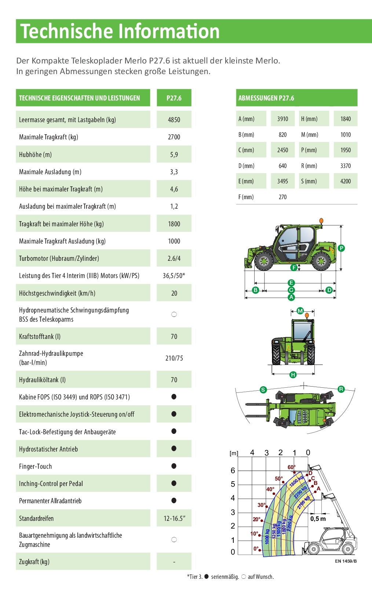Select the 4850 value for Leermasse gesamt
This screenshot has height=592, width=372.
pos(174,120)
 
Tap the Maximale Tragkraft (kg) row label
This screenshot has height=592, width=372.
pos(48,137)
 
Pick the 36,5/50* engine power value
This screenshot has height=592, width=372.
pos(174,276)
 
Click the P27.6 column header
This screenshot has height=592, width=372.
pos(174,98)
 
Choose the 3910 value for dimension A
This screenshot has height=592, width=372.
pos(282,119)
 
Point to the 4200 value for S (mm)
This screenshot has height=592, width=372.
pos(346,181)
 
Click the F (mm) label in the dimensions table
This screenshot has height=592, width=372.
pos(246,197)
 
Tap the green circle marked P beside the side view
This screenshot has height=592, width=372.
pos(341,248)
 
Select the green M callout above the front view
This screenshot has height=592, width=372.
pos(300,311)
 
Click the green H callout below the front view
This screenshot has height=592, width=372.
pos(293,374)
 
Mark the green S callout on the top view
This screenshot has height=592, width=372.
pos(263,390)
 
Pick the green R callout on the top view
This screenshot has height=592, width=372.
pos(341,389)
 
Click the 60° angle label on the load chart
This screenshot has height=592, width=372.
pos(291,467)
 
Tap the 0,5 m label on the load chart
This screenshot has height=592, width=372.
pos(318,519)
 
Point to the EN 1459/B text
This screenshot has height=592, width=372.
pos(346,561)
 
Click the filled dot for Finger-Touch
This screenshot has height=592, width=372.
pos(174,466)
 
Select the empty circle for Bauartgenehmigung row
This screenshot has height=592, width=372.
pos(174,540)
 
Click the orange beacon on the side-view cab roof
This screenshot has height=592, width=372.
pos(321,220)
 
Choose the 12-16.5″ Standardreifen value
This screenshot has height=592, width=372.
pos(174,518)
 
